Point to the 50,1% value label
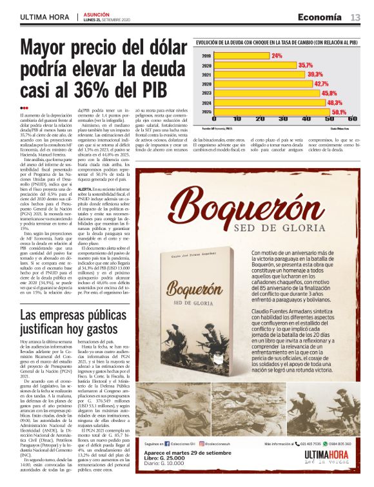pos(340,111)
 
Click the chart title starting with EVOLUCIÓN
pos(277,42)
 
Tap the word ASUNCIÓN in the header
pos(97,14)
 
